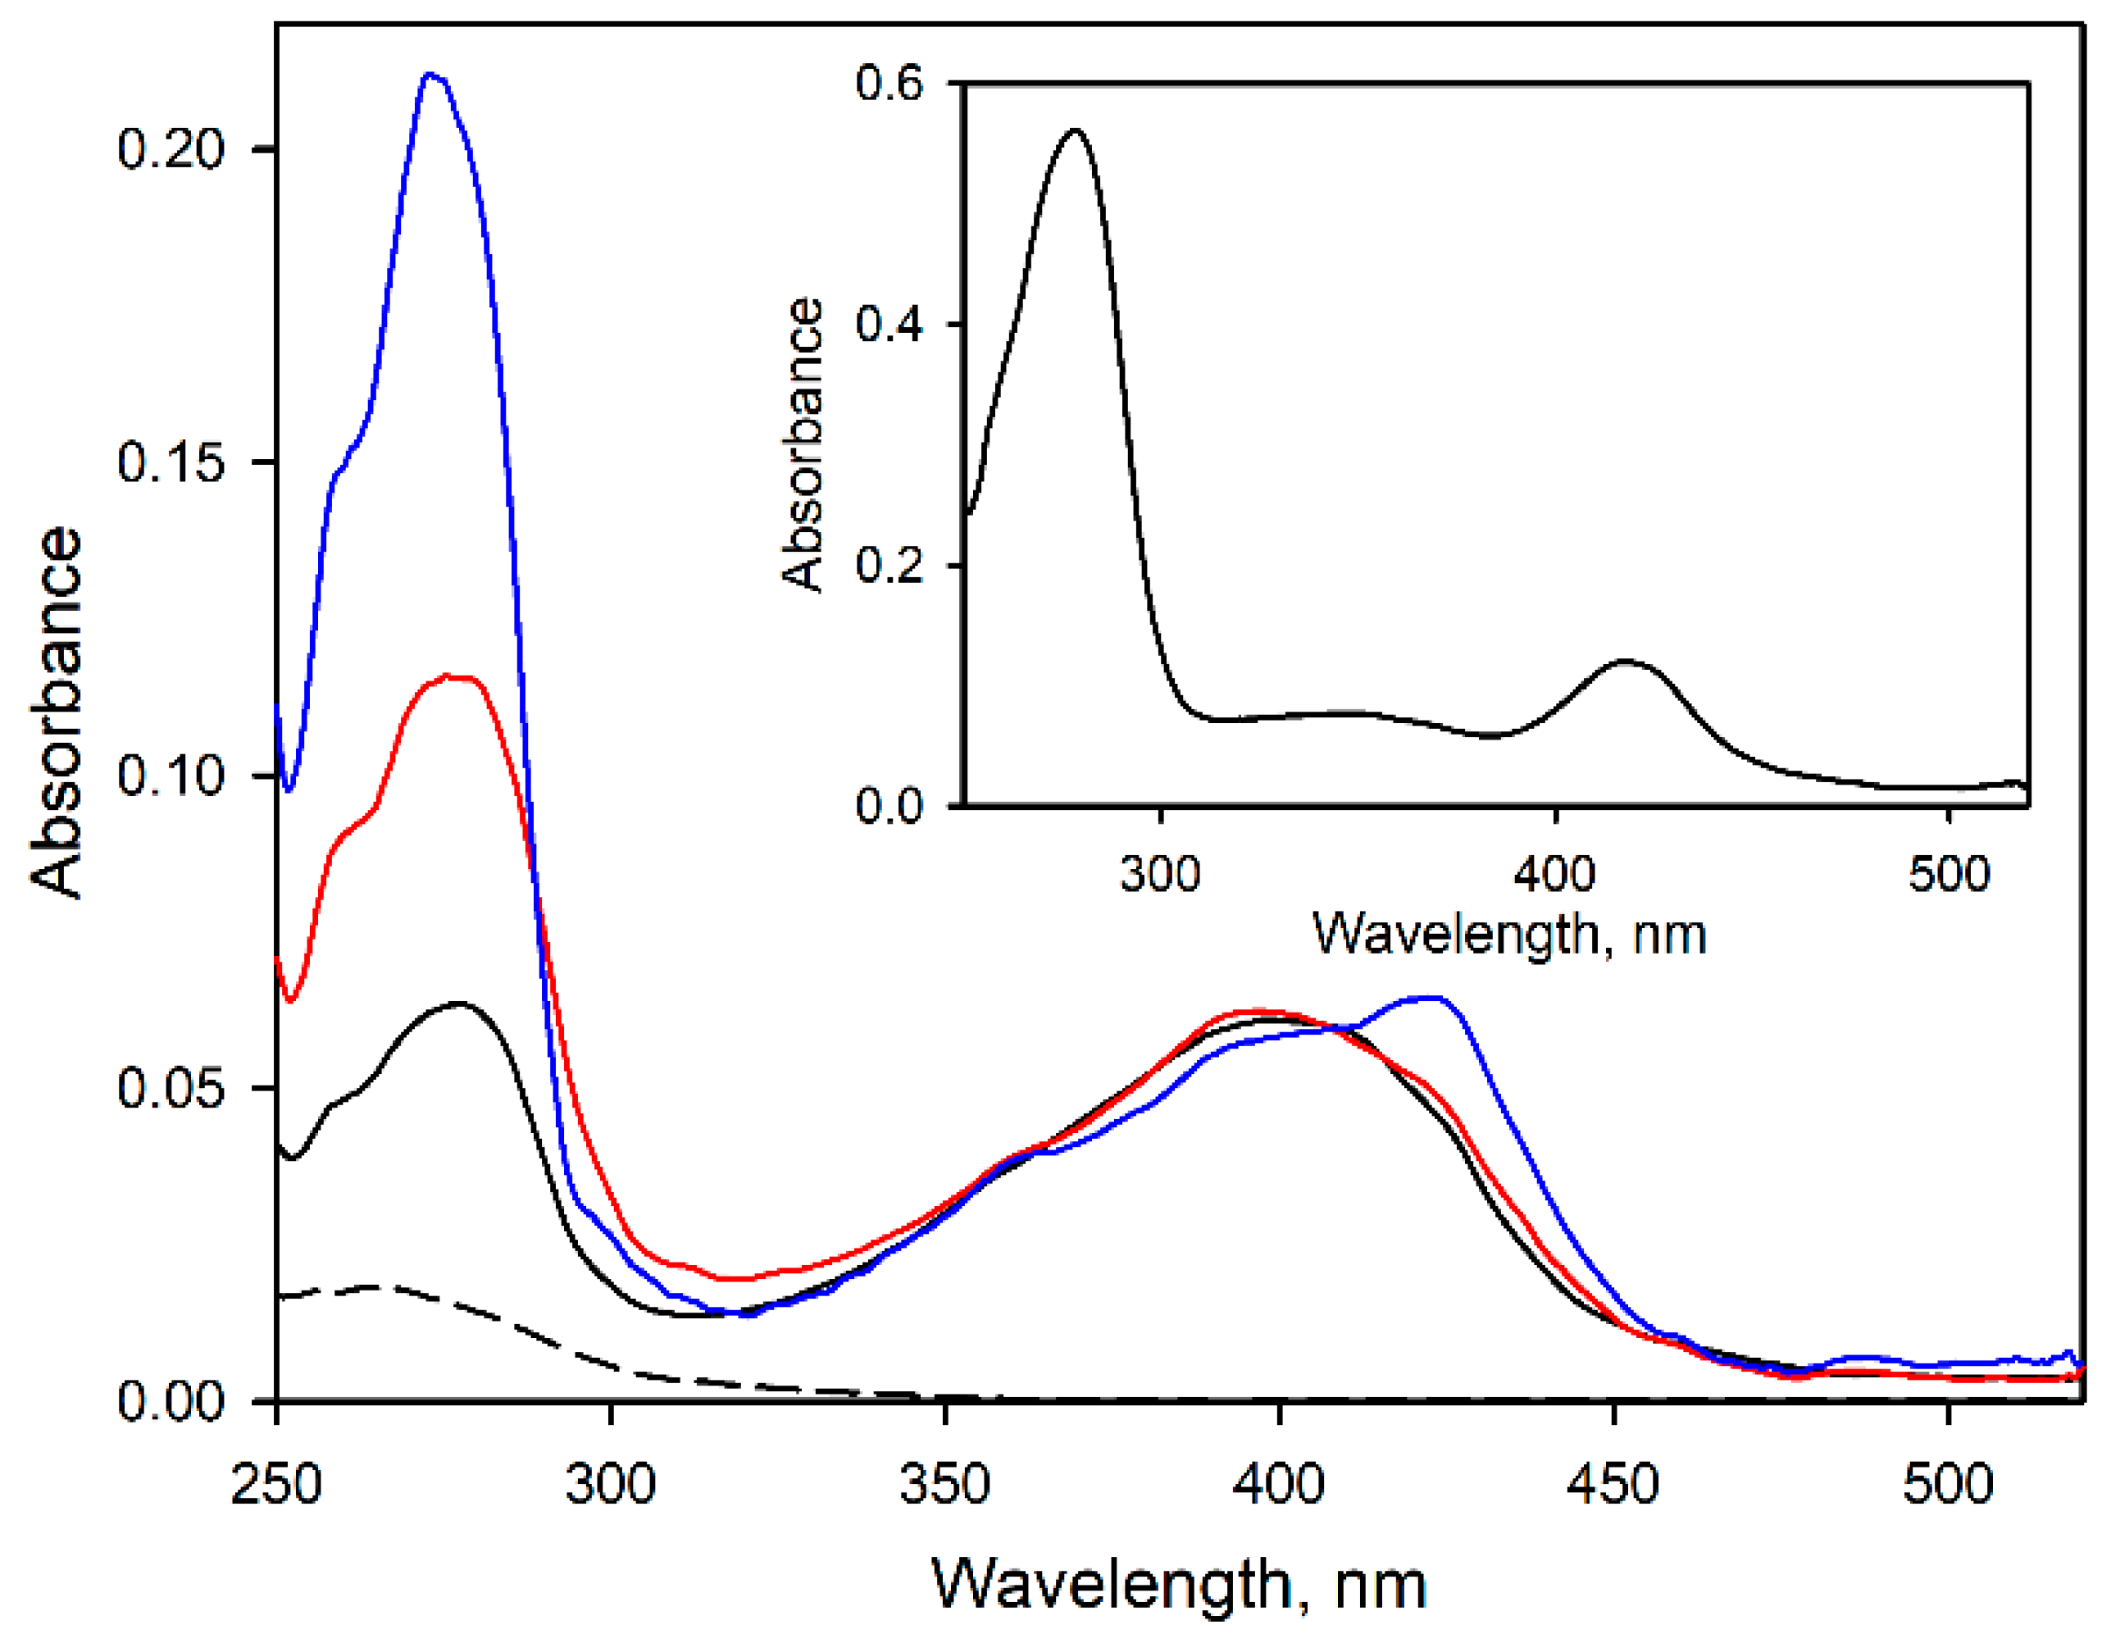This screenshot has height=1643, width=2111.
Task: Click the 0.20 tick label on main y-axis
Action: [171, 150]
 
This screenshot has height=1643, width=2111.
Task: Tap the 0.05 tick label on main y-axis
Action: [171, 1088]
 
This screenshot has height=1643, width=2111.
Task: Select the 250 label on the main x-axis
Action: [276, 1483]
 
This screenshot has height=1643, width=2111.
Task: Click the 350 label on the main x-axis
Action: [944, 1483]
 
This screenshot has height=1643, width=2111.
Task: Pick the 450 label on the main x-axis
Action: [1613, 1483]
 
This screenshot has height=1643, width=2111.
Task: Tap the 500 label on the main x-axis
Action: [1948, 1483]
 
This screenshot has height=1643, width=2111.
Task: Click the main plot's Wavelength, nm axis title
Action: [1178, 1586]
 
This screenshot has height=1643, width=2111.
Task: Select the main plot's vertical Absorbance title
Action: [56, 712]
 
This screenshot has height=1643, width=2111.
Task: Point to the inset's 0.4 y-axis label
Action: [889, 324]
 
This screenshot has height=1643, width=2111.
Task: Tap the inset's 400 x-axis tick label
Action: [1554, 875]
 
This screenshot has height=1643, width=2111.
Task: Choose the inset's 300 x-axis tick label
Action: [1160, 875]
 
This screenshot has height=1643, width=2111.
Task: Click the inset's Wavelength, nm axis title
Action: [1508, 935]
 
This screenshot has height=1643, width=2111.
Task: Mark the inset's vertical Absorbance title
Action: [803, 444]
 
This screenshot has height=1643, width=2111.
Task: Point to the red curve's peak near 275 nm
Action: [447, 676]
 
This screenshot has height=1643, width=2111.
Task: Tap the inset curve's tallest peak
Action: [1075, 130]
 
